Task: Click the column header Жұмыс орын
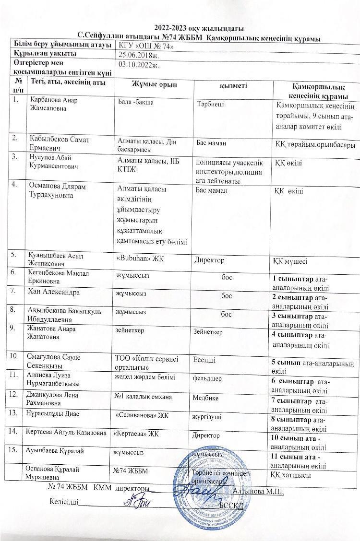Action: point(154,85)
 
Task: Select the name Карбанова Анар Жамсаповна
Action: point(53,104)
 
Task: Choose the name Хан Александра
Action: point(54,292)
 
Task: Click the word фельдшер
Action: point(207,378)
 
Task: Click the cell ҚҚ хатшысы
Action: point(290,475)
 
